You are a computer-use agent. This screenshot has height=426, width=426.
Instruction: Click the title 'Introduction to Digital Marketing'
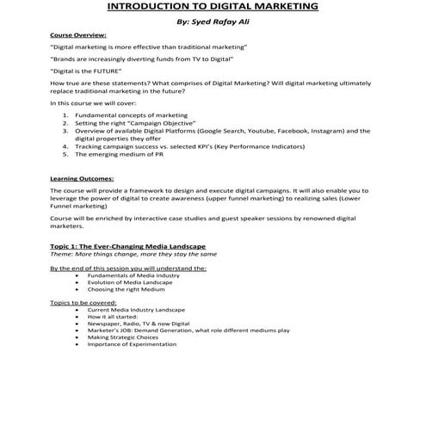coord(213,8)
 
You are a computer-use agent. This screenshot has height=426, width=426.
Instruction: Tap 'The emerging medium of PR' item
coord(116,156)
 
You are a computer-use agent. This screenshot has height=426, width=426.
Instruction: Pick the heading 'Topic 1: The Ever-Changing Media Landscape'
coord(127,247)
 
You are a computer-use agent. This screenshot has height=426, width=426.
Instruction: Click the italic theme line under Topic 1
coord(133,255)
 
